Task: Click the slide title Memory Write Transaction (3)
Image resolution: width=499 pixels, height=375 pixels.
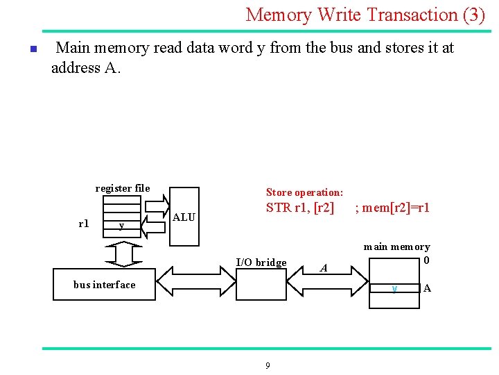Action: coord(365,15)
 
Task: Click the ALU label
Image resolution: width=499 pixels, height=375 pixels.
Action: coord(184,217)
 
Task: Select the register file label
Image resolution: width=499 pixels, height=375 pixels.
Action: coord(122,188)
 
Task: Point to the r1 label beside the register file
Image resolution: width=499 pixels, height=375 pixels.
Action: coord(84,224)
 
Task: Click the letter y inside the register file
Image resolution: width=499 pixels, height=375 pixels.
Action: coord(122,225)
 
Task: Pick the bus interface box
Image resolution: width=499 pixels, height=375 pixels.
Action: coord(104,285)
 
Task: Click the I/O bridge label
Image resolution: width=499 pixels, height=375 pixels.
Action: coord(261,262)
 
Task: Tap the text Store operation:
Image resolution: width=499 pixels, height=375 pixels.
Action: coord(304,192)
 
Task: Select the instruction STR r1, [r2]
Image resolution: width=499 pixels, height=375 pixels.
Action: coord(300,208)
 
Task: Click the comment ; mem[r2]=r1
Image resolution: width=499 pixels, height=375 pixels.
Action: coord(392,208)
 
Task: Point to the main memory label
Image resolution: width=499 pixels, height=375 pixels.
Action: coord(396,247)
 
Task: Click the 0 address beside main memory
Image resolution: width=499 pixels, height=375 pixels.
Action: coord(427,260)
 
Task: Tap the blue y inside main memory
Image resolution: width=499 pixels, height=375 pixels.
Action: coord(394,288)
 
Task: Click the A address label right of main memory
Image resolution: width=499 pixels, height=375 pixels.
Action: coord(427,288)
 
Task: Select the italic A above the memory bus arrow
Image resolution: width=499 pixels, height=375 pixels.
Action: coord(323,268)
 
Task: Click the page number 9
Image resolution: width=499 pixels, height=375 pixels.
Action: coord(268,366)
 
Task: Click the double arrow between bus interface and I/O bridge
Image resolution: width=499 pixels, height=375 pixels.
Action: coord(195,284)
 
